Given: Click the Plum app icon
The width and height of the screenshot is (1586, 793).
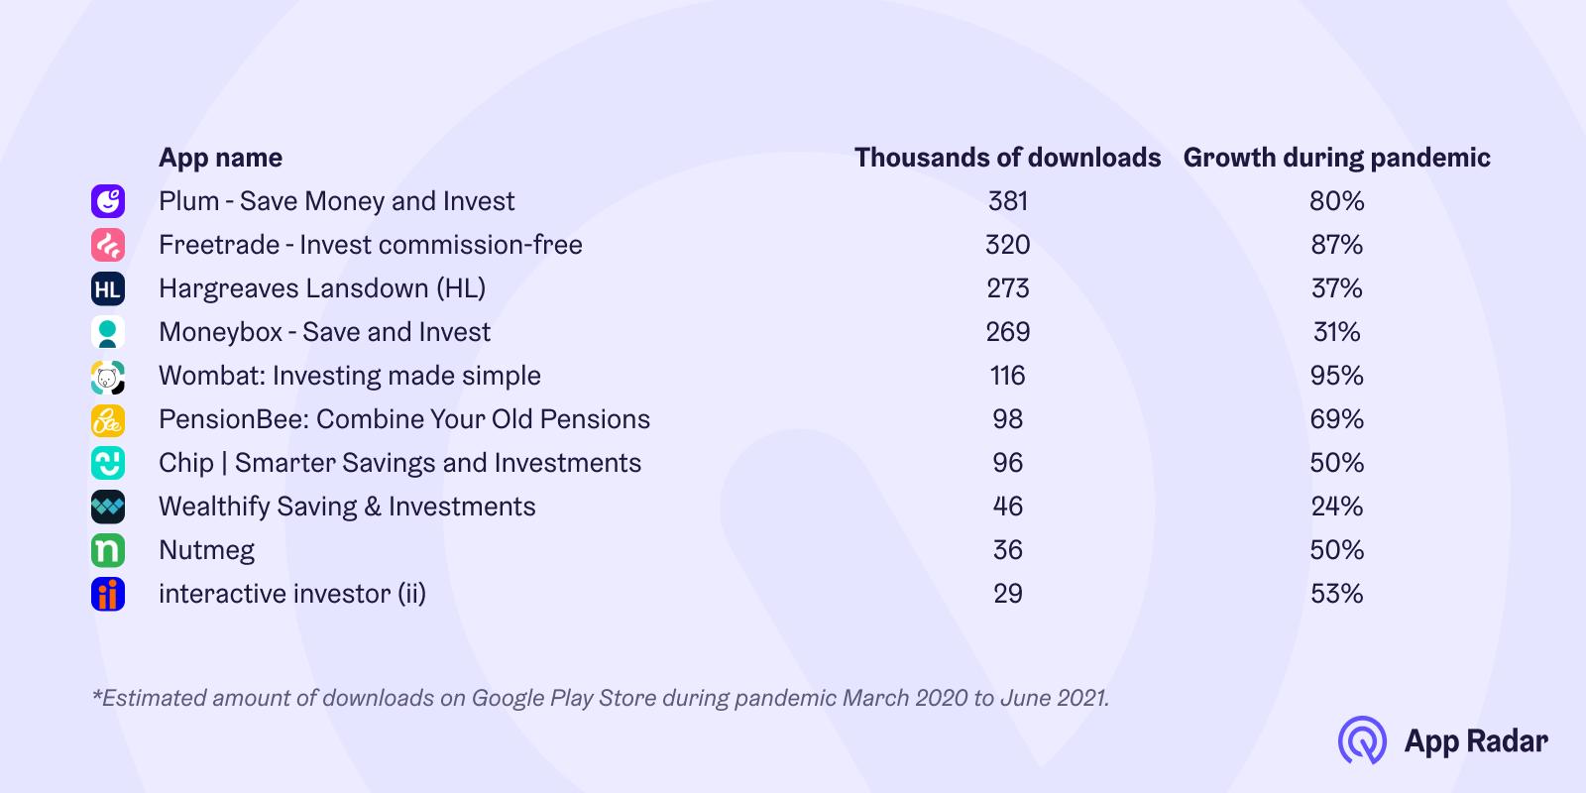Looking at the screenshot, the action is [x=108, y=201].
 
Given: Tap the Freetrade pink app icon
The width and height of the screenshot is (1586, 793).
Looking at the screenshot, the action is [x=108, y=245].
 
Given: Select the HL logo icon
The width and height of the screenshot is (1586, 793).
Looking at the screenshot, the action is [x=108, y=288].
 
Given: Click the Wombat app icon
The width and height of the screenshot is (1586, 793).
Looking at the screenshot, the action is [x=108, y=376].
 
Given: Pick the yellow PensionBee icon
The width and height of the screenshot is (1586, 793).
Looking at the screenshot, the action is [x=108, y=420].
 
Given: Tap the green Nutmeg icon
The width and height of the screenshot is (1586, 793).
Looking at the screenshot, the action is [x=108, y=550].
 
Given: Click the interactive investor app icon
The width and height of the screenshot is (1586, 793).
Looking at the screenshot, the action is [x=108, y=594].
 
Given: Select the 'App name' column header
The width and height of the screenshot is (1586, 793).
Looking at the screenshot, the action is [x=220, y=158].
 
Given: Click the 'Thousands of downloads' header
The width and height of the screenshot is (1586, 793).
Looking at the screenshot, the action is [x=1007, y=158].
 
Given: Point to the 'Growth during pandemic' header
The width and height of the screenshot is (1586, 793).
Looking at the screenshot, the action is [x=1337, y=158].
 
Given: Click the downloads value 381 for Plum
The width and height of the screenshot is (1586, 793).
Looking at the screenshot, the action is [x=1007, y=201].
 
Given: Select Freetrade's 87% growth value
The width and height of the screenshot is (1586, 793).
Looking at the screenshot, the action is [x=1337, y=245].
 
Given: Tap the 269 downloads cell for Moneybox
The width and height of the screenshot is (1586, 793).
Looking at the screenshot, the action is [x=1007, y=332].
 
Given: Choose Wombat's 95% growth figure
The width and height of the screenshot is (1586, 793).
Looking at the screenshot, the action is [x=1337, y=376].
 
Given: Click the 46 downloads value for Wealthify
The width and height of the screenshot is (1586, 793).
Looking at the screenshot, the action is [x=1007, y=507].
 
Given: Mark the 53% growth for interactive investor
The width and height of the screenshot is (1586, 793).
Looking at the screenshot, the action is [x=1337, y=594].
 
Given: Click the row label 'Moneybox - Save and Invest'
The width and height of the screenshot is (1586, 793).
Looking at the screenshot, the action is [x=324, y=332].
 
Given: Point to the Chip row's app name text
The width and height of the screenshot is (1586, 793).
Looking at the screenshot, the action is [x=400, y=463].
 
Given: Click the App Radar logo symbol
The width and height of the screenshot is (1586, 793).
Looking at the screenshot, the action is [x=1362, y=740].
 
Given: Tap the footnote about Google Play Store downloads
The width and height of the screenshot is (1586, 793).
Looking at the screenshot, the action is [x=601, y=698].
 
